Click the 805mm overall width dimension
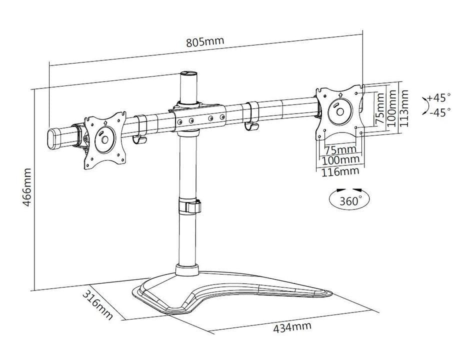tap(205, 42)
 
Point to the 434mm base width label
tap(292, 328)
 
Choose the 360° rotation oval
tap(349, 201)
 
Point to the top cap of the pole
tap(188, 74)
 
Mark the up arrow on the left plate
tap(105, 121)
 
